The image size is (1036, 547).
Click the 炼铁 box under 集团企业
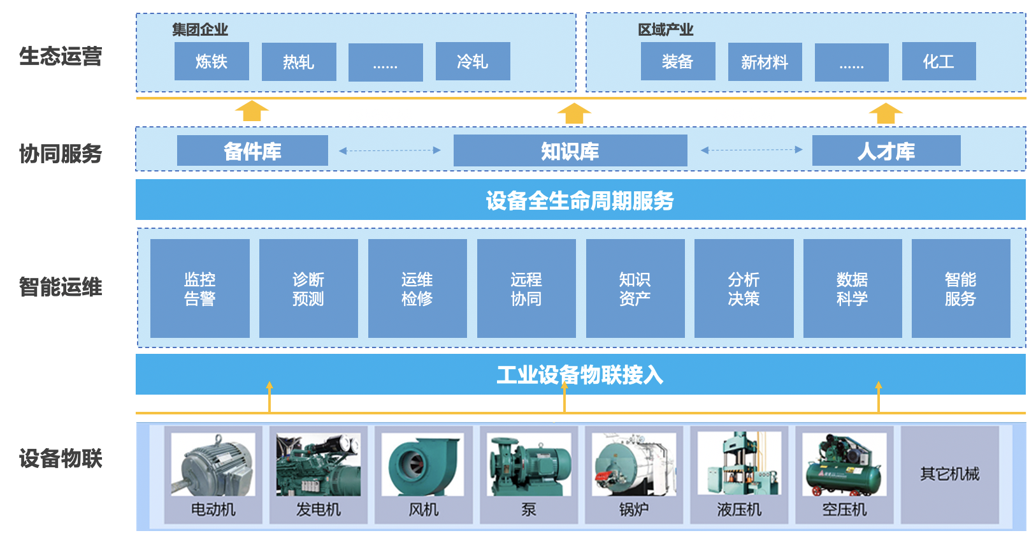pyautogui.click(x=212, y=62)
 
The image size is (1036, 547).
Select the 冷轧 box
pyautogui.click(x=473, y=62)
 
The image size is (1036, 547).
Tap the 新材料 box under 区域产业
pyautogui.click(x=765, y=62)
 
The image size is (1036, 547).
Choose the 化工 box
pyautogui.click(x=939, y=62)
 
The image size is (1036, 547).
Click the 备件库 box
pyautogui.click(x=252, y=151)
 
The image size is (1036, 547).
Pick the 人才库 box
pyautogui.click(x=886, y=151)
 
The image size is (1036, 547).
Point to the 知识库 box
pyautogui.click(x=570, y=151)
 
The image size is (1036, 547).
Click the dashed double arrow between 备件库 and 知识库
pyautogui.click(x=390, y=151)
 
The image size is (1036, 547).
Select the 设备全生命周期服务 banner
pyautogui.click(x=580, y=200)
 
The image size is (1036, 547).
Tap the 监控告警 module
pyautogui.click(x=200, y=288)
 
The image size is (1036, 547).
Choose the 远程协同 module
pyautogui.click(x=526, y=288)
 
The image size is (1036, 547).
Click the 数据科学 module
pyautogui.click(x=853, y=288)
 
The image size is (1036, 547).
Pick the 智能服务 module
pyautogui.click(x=961, y=288)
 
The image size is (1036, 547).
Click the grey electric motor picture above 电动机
pyautogui.click(x=213, y=465)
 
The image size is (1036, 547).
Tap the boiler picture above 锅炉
pyautogui.click(x=633, y=465)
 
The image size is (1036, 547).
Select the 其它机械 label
pyautogui.click(x=949, y=474)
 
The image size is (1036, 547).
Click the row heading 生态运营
pyautogui.click(x=61, y=56)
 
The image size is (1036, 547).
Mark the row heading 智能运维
pyautogui.click(x=61, y=287)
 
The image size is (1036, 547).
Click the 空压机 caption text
pyautogui.click(x=844, y=509)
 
